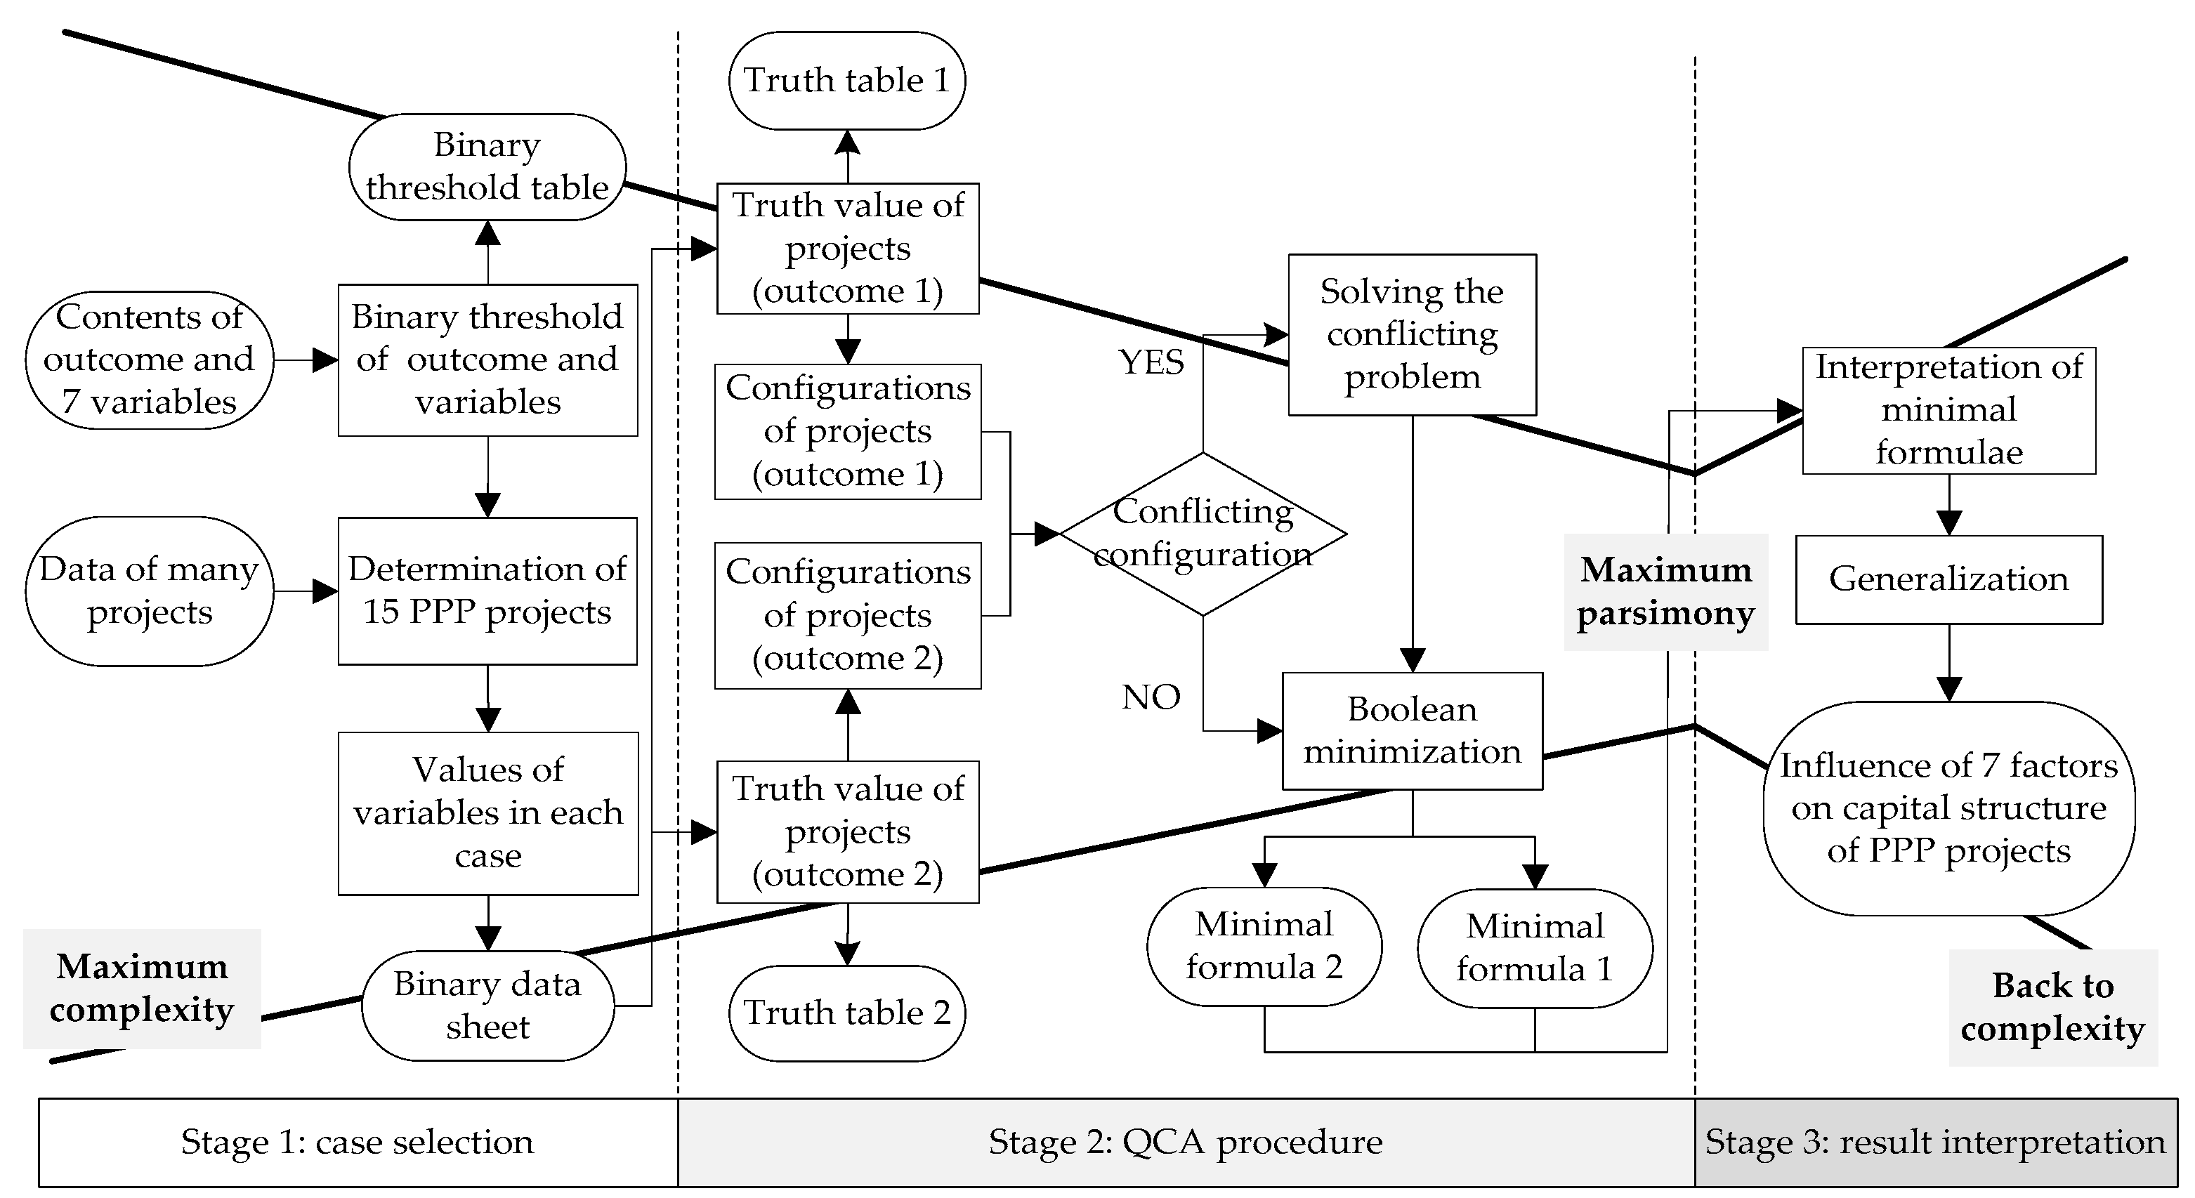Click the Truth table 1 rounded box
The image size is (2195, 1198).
click(x=846, y=81)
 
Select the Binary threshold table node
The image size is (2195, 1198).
click(x=487, y=167)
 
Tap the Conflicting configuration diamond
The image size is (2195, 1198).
click(x=1203, y=534)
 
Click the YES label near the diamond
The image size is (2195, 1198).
click(x=1151, y=363)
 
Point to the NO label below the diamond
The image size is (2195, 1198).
click(x=1151, y=697)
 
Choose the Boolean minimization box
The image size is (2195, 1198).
click(x=1412, y=731)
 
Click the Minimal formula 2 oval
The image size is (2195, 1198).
click(x=1264, y=946)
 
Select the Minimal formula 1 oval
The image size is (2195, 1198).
click(x=1534, y=947)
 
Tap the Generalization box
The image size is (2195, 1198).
click(x=1948, y=579)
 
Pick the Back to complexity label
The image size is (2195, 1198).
click(x=2052, y=1007)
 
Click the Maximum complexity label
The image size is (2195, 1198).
click(x=141, y=989)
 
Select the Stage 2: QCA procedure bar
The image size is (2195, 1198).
click(x=1185, y=1142)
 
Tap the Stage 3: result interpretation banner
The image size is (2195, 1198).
click(x=1934, y=1142)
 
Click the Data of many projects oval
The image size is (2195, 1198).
click(x=149, y=591)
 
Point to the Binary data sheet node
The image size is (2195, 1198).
click(x=487, y=1006)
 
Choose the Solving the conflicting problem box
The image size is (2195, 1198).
click(x=1412, y=334)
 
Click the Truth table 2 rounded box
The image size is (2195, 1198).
click(x=846, y=1012)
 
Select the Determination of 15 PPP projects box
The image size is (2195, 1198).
click(x=487, y=591)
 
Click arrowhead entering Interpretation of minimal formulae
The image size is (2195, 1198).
click(x=1790, y=411)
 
